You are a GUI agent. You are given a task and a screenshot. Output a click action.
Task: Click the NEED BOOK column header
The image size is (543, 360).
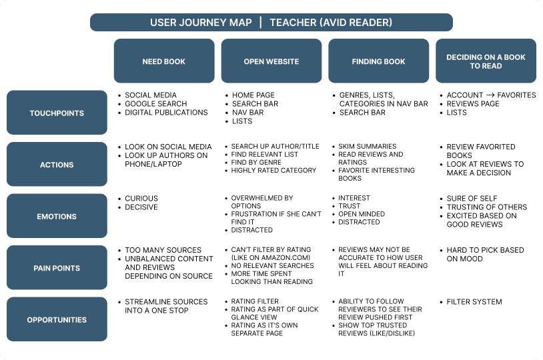[x=163, y=61]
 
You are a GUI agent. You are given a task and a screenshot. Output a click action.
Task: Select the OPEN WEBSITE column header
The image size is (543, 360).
[x=271, y=61]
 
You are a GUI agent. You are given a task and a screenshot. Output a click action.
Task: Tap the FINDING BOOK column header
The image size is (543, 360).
[x=378, y=61]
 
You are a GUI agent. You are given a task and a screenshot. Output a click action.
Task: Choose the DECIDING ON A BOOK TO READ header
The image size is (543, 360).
[x=486, y=61]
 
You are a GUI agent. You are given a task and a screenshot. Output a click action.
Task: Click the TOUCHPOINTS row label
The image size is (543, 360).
[x=57, y=113]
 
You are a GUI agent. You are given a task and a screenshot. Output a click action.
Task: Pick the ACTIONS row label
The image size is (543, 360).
[x=57, y=164]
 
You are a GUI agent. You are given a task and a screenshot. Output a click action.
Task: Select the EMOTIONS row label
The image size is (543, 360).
[x=57, y=216]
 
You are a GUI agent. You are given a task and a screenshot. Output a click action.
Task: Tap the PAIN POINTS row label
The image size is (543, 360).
[x=57, y=268]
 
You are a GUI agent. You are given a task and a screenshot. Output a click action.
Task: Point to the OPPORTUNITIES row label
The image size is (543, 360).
[x=57, y=319]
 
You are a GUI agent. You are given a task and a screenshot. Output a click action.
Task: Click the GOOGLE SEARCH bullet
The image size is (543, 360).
[x=155, y=104]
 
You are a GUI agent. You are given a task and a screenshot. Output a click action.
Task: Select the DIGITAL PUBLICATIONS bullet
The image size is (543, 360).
[x=166, y=113]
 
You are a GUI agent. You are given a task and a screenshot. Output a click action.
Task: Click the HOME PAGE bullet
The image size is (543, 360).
[x=253, y=95]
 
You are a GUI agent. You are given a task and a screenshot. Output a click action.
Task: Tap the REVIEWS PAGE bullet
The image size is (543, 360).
[x=473, y=104]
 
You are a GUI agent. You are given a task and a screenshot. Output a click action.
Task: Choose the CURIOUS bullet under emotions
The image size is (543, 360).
[x=141, y=199]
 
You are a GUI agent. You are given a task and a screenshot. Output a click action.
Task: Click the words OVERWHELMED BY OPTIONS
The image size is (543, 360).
[x=261, y=202]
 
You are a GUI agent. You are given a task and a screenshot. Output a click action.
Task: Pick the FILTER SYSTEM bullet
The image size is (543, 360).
[x=474, y=302]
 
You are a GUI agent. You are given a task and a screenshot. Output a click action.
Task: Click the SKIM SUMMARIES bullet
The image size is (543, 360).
[x=367, y=147]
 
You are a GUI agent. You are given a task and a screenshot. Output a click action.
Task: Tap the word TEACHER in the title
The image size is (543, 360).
[x=292, y=23]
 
